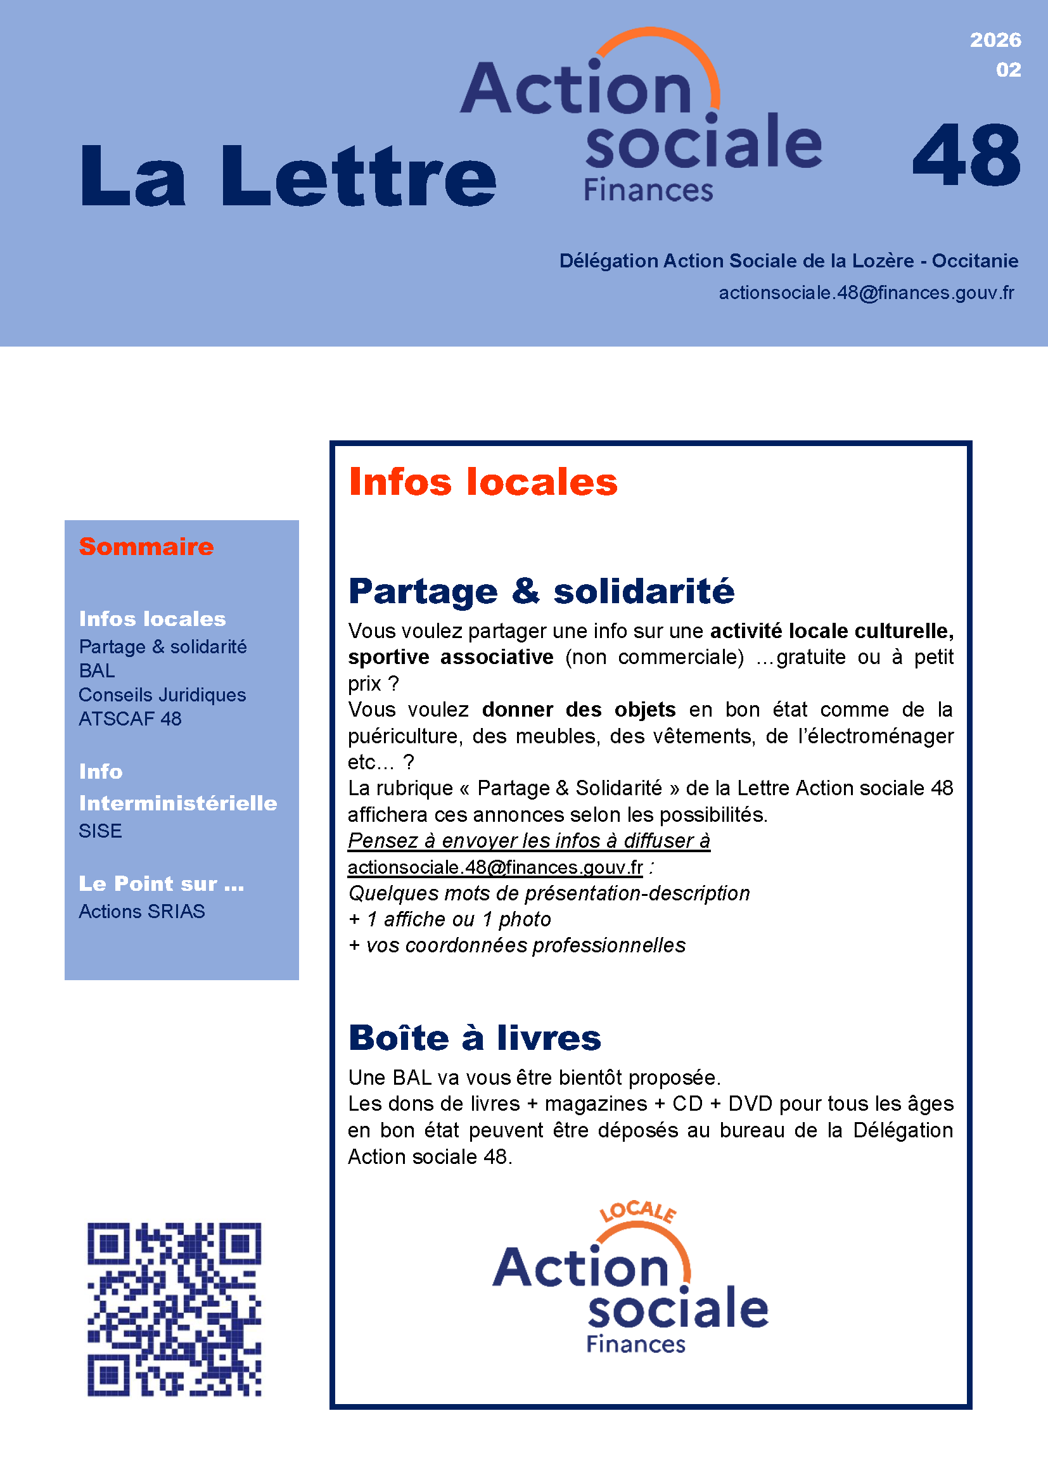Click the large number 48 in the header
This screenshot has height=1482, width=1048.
966,157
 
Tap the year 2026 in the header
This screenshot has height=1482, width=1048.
995,40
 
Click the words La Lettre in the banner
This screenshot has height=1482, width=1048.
288,176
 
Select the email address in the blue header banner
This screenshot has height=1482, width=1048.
866,293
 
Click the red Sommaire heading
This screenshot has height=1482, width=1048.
146,547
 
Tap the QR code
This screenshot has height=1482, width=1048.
174,1309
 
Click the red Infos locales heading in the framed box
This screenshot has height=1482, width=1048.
483,482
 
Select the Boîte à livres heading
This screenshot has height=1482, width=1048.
475,1038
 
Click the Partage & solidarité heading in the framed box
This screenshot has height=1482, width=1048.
540,591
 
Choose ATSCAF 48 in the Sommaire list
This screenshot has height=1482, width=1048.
131,719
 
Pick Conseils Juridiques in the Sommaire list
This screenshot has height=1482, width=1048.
162,694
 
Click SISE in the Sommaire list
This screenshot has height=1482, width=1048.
100,831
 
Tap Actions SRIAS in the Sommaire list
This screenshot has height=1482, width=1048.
142,911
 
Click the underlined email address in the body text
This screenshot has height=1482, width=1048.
495,867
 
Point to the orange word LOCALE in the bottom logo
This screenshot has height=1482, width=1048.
637,1211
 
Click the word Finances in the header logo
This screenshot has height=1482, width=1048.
648,191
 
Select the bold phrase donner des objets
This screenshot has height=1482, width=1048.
578,710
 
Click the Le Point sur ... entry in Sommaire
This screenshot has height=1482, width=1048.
162,883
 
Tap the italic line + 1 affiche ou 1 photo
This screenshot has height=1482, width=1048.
450,919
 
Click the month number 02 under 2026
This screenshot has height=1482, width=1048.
1008,70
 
